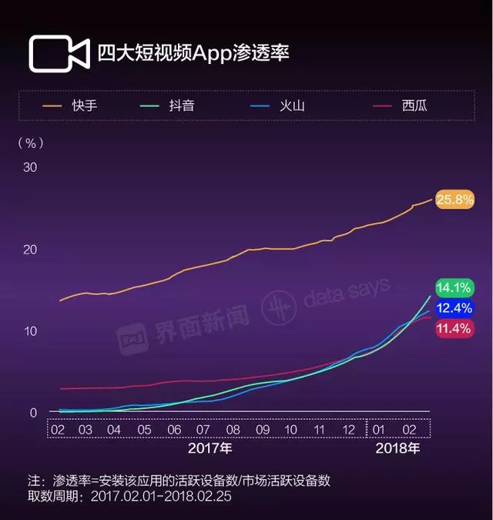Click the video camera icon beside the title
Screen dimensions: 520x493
pos(59,53)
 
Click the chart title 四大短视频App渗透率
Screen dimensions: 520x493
pos(193,53)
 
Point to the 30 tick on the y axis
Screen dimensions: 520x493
pos(29,167)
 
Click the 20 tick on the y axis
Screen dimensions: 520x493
pos(29,250)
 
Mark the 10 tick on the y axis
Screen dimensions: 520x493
pos(29,330)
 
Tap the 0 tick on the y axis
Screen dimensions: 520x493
pos(33,413)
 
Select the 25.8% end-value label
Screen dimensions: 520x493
pos(454,200)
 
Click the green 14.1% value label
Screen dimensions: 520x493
pos(454,288)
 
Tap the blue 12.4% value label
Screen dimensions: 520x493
pos(454,308)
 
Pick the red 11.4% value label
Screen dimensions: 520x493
pos(454,329)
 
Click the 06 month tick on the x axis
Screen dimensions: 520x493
pos(174,429)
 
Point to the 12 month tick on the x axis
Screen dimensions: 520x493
pos(348,429)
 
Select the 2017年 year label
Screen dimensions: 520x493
pos(210,448)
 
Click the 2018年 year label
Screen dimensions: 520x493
pos(397,448)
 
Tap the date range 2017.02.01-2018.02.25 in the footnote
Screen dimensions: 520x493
pos(161,497)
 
